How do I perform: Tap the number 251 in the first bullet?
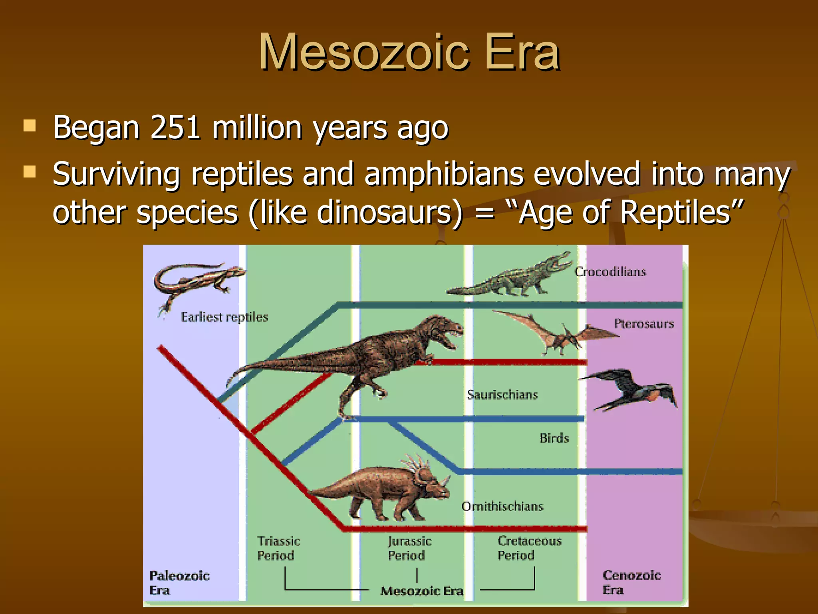[175, 128]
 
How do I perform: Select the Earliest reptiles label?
[224, 317]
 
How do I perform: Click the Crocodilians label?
[610, 272]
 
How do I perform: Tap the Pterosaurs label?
[644, 323]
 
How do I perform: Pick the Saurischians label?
[502, 395]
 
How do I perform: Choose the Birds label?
[554, 438]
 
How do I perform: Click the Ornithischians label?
[502, 506]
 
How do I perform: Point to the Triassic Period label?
[278, 548]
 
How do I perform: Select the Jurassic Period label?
[409, 548]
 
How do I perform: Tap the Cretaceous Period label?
[529, 548]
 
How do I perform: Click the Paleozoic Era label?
[179, 583]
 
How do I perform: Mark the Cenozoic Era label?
[631, 582]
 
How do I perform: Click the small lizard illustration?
[196, 280]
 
